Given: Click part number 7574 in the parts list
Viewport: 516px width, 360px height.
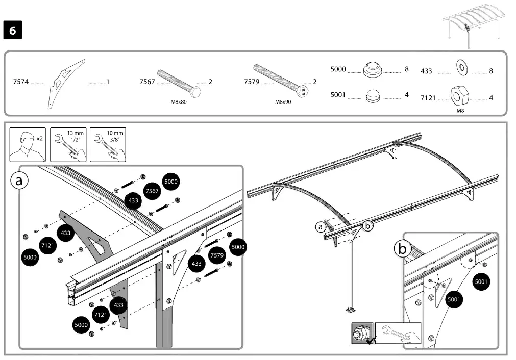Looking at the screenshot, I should coord(21,82).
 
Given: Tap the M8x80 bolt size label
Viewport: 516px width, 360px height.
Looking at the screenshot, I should coord(179,101).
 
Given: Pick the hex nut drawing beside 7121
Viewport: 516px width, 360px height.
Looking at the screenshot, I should coord(460,95).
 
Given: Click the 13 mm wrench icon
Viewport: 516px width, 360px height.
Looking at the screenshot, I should coord(69,144).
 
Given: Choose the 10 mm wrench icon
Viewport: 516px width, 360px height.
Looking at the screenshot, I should coord(108,144).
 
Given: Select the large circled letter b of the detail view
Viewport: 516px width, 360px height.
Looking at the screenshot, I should coord(403,249).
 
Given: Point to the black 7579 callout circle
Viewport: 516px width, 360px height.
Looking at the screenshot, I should coord(217,255).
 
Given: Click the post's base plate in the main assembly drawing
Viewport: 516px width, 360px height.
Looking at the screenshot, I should coord(352,310).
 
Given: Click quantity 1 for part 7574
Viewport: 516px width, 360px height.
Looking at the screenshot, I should coord(108,82).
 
